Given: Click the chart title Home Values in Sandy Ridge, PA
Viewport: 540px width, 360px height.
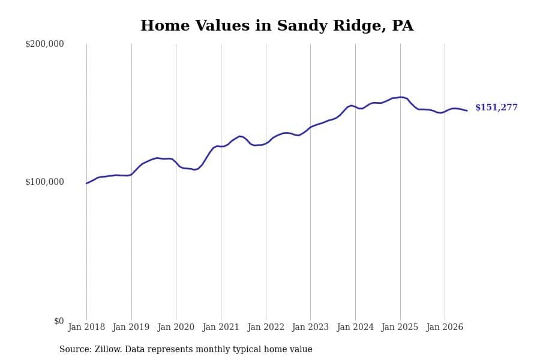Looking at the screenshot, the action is click(277, 26).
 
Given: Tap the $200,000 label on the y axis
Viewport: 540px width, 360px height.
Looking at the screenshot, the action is click(44, 44).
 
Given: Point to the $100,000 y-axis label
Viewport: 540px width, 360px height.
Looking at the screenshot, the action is click(44, 182).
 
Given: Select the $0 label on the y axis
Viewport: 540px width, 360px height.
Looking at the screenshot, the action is click(59, 321).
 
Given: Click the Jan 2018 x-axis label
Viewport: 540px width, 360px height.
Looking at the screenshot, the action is click(86, 327).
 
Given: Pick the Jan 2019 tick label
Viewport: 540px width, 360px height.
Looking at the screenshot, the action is click(131, 327).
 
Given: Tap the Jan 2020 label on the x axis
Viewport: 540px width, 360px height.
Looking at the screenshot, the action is click(176, 327).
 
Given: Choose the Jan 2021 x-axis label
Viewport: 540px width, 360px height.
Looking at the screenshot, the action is click(221, 327).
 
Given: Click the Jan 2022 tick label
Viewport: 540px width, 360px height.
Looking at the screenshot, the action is click(266, 327).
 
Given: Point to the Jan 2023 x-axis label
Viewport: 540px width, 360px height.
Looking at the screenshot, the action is click(310, 327).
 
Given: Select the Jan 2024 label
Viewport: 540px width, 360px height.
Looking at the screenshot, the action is click(355, 327).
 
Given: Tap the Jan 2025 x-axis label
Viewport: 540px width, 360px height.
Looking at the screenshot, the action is click(400, 327).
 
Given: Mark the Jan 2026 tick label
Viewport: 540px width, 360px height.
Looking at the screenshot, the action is click(445, 327).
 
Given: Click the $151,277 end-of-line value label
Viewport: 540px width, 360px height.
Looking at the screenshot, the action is click(497, 107).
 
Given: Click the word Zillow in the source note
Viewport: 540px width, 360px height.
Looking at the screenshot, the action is click(109, 349).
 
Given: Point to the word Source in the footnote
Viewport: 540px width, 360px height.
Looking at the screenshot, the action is click(76, 349).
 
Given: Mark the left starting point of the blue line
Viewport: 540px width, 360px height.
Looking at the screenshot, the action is click(86, 183).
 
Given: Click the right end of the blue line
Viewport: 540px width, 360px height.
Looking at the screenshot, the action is click(467, 110).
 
